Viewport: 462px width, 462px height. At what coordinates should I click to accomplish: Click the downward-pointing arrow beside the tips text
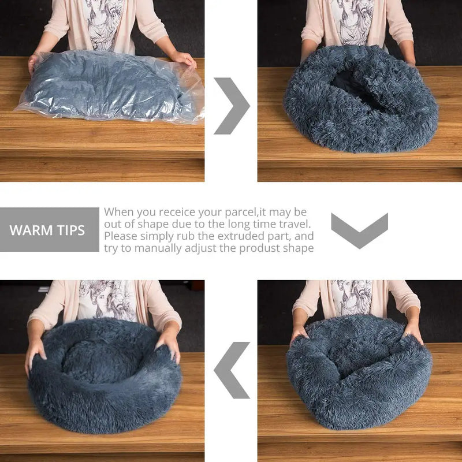359,230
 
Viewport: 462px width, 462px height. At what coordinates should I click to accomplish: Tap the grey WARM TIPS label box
49,230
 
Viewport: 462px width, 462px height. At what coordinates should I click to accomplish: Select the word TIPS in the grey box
70,230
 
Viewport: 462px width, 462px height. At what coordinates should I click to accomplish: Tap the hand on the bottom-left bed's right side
169,345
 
